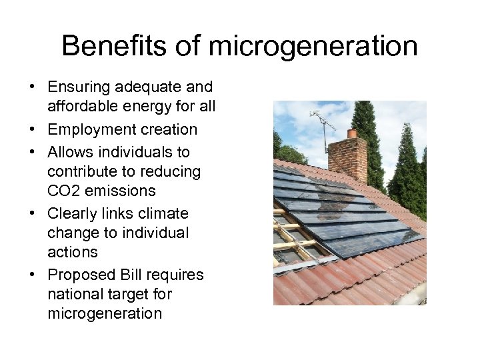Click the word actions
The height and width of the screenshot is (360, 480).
pyautogui.click(x=73, y=252)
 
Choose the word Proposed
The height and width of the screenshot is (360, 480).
pyautogui.click(x=82, y=275)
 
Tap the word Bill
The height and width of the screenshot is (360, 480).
pyautogui.click(x=134, y=275)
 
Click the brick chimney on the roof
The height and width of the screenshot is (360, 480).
pyautogui.click(x=347, y=159)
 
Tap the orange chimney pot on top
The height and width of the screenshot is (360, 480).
pyautogui.click(x=351, y=133)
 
